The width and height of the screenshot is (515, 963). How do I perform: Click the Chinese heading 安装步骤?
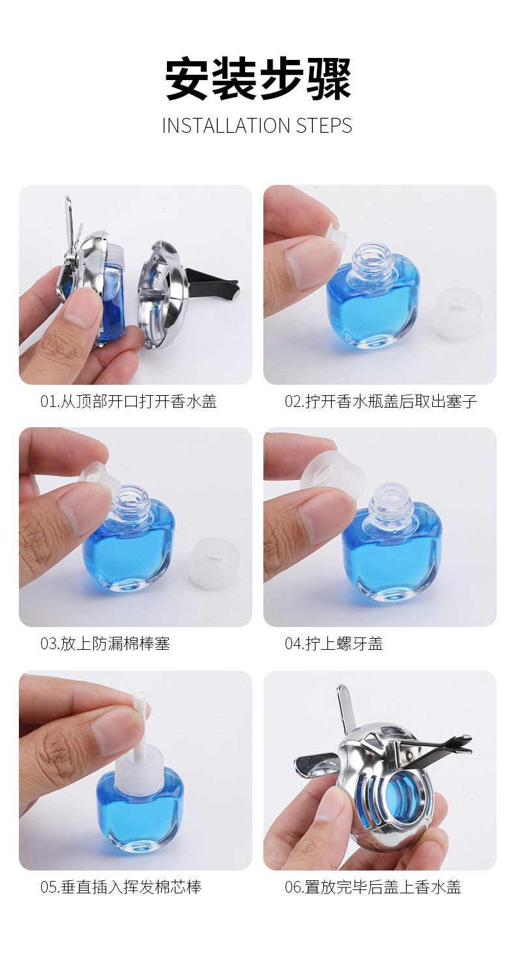(257, 79)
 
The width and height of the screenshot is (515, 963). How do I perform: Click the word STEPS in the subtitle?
(324, 126)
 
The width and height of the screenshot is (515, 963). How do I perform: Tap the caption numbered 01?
(128, 402)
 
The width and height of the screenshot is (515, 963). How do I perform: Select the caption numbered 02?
(381, 402)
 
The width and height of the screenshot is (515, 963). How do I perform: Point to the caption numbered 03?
(105, 644)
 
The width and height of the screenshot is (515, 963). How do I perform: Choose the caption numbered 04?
(334, 644)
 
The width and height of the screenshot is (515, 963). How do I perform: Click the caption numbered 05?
(121, 887)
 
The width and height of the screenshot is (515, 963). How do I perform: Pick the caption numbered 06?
(373, 887)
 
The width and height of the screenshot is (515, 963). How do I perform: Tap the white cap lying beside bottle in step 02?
(458, 314)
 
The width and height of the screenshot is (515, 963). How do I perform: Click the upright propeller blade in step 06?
(345, 706)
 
